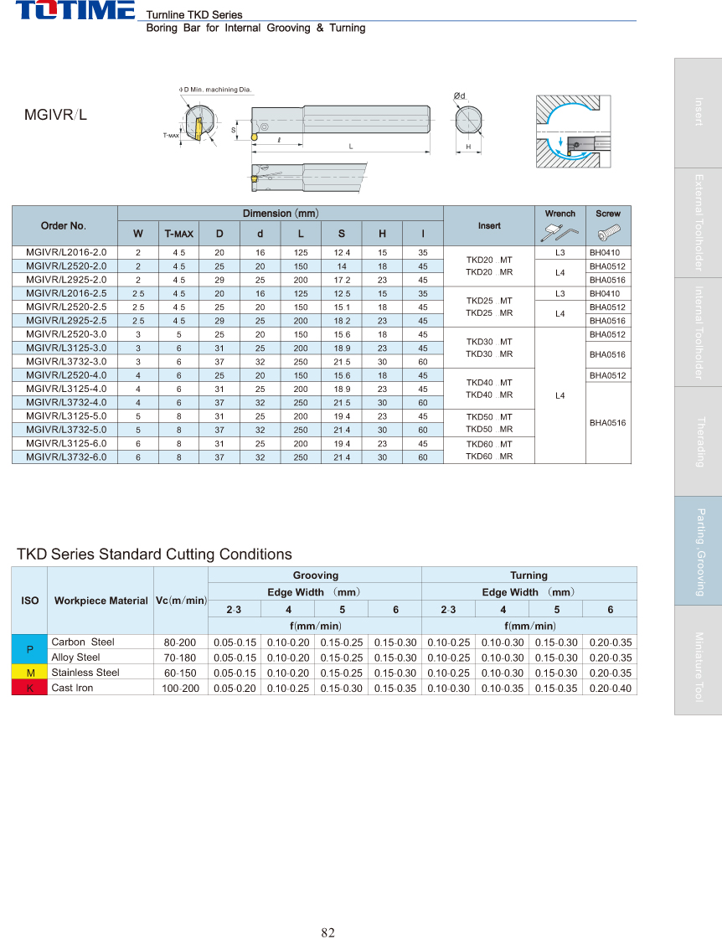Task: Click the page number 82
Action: click(x=327, y=910)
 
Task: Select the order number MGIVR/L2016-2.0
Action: click(x=66, y=252)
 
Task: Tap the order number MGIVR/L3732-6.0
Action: click(x=66, y=457)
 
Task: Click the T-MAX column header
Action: click(x=178, y=234)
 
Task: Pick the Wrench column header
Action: click(x=560, y=214)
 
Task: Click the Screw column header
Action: click(x=608, y=214)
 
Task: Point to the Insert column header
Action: click(x=489, y=226)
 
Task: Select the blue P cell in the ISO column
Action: click(x=30, y=650)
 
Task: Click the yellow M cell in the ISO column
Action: click(x=30, y=673)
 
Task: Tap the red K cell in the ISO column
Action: click(x=30, y=688)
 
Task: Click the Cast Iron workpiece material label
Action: click(x=73, y=688)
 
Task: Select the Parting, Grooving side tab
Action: click(x=699, y=551)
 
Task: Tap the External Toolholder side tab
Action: click(x=699, y=223)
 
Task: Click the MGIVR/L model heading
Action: click(x=55, y=116)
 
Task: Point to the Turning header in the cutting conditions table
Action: click(x=529, y=575)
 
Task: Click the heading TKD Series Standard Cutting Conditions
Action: click(x=155, y=555)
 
